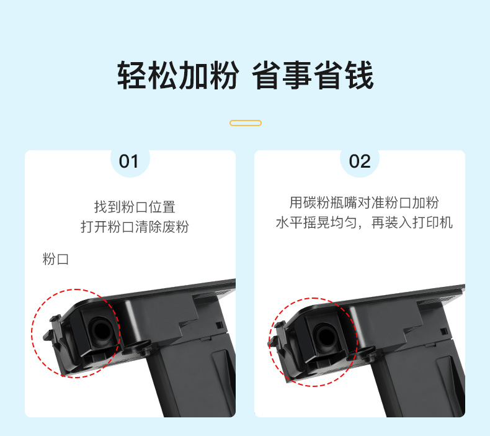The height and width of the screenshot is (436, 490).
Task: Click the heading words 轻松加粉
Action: [178, 75]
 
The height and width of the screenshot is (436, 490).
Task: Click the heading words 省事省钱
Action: [313, 75]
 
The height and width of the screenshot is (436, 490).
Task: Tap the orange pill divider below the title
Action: [246, 123]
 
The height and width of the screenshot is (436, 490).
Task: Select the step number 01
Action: [128, 161]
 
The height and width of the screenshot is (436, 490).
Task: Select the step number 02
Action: [360, 161]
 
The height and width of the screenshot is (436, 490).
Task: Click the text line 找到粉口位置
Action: [135, 207]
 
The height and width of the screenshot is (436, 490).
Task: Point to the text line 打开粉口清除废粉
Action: [135, 227]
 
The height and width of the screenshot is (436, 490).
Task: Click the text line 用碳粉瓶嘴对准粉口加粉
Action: [364, 202]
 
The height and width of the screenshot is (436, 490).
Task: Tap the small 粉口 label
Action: [56, 259]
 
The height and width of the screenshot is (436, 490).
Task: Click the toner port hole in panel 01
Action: [100, 332]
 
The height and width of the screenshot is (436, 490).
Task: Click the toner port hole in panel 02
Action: [326, 337]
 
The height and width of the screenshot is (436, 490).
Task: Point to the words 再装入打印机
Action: [412, 222]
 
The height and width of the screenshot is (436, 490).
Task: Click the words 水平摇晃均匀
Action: [316, 222]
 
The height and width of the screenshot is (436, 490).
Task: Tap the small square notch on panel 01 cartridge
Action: [220, 325]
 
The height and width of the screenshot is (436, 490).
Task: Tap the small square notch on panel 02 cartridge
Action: [443, 331]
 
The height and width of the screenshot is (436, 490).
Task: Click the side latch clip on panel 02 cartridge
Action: [277, 337]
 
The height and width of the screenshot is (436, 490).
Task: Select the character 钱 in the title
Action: [359, 75]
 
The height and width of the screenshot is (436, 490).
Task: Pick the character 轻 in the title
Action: [132, 75]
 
